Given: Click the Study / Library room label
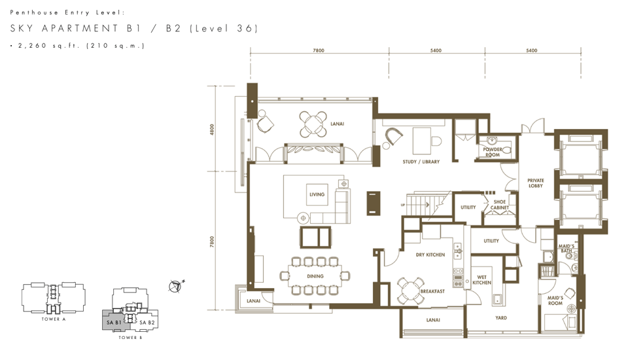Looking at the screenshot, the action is (421, 162).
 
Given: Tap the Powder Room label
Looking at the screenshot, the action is (492, 152).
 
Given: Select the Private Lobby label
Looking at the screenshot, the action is (536, 183).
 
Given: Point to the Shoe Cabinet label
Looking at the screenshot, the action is (499, 204).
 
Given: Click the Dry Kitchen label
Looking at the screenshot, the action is (430, 255).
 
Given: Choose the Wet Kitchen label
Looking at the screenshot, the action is (481, 280).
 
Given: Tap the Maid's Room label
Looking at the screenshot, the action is (555, 300).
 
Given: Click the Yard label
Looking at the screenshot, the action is (500, 317).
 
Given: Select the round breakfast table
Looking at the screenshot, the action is (410, 290).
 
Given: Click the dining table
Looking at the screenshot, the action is (315, 276).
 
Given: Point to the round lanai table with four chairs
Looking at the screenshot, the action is (313, 124).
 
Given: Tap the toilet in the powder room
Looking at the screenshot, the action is (506, 151).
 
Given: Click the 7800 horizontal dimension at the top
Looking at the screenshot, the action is (319, 50).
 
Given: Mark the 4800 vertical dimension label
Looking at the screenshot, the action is (212, 129).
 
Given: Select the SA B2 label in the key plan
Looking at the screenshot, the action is (147, 322).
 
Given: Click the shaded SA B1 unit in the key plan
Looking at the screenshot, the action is (113, 321).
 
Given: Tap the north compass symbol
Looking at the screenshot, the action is (175, 286).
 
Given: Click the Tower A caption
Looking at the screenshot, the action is (53, 319).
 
